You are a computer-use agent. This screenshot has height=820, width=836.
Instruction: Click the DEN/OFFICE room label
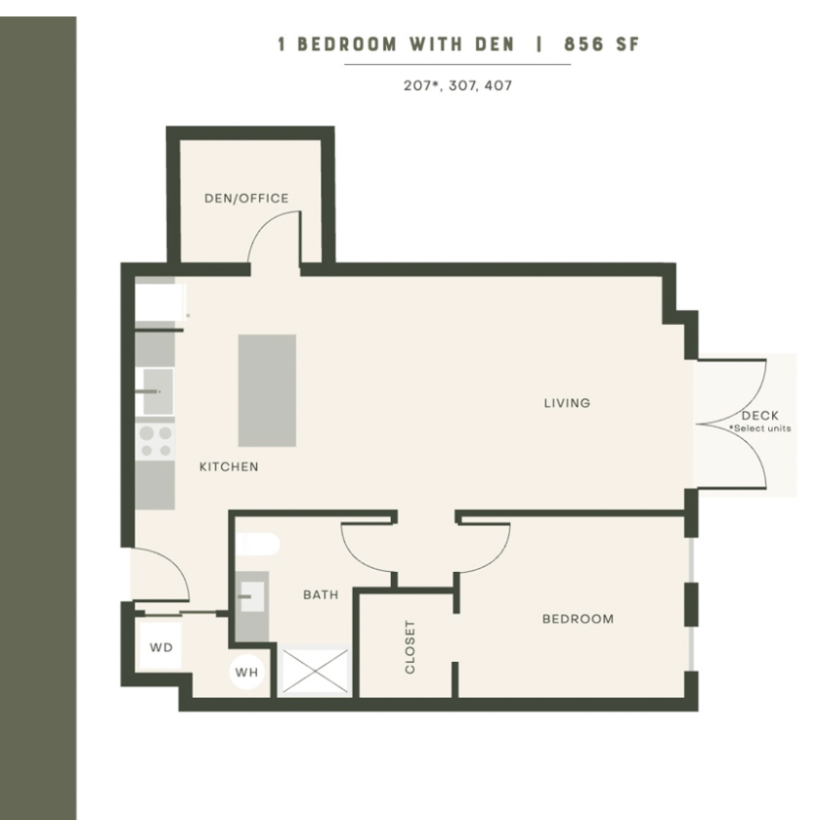pos(246,198)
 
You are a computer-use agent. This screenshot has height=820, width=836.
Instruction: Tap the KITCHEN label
pos(229,467)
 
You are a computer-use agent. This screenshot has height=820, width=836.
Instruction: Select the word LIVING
pos(566,403)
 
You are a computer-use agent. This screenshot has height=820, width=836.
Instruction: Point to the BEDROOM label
pos(578,618)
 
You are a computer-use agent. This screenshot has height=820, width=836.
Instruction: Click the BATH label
pos(320,594)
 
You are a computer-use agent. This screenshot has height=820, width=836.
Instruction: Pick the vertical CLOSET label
pos(409,647)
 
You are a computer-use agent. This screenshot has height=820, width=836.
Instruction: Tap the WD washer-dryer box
pos(161,647)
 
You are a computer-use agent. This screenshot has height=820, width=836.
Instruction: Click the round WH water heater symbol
pos(247,672)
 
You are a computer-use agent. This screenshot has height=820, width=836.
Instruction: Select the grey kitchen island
pos(267,391)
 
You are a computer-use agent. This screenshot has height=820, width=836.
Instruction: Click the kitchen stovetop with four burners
pos(156,442)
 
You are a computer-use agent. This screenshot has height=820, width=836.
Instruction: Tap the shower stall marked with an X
pos(314,671)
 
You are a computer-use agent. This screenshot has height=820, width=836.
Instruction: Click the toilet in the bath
pos(258,545)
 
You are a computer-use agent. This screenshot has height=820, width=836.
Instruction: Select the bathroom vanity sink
pos(252,597)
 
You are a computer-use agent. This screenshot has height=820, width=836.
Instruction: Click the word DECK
pos(759,416)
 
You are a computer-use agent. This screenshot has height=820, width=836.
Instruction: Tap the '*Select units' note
pos(759,428)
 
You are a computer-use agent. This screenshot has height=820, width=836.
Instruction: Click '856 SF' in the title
pos(601,45)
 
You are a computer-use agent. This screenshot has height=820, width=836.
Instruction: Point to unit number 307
pos(466,86)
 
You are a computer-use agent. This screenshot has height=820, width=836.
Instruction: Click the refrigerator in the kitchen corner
pos(159,302)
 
